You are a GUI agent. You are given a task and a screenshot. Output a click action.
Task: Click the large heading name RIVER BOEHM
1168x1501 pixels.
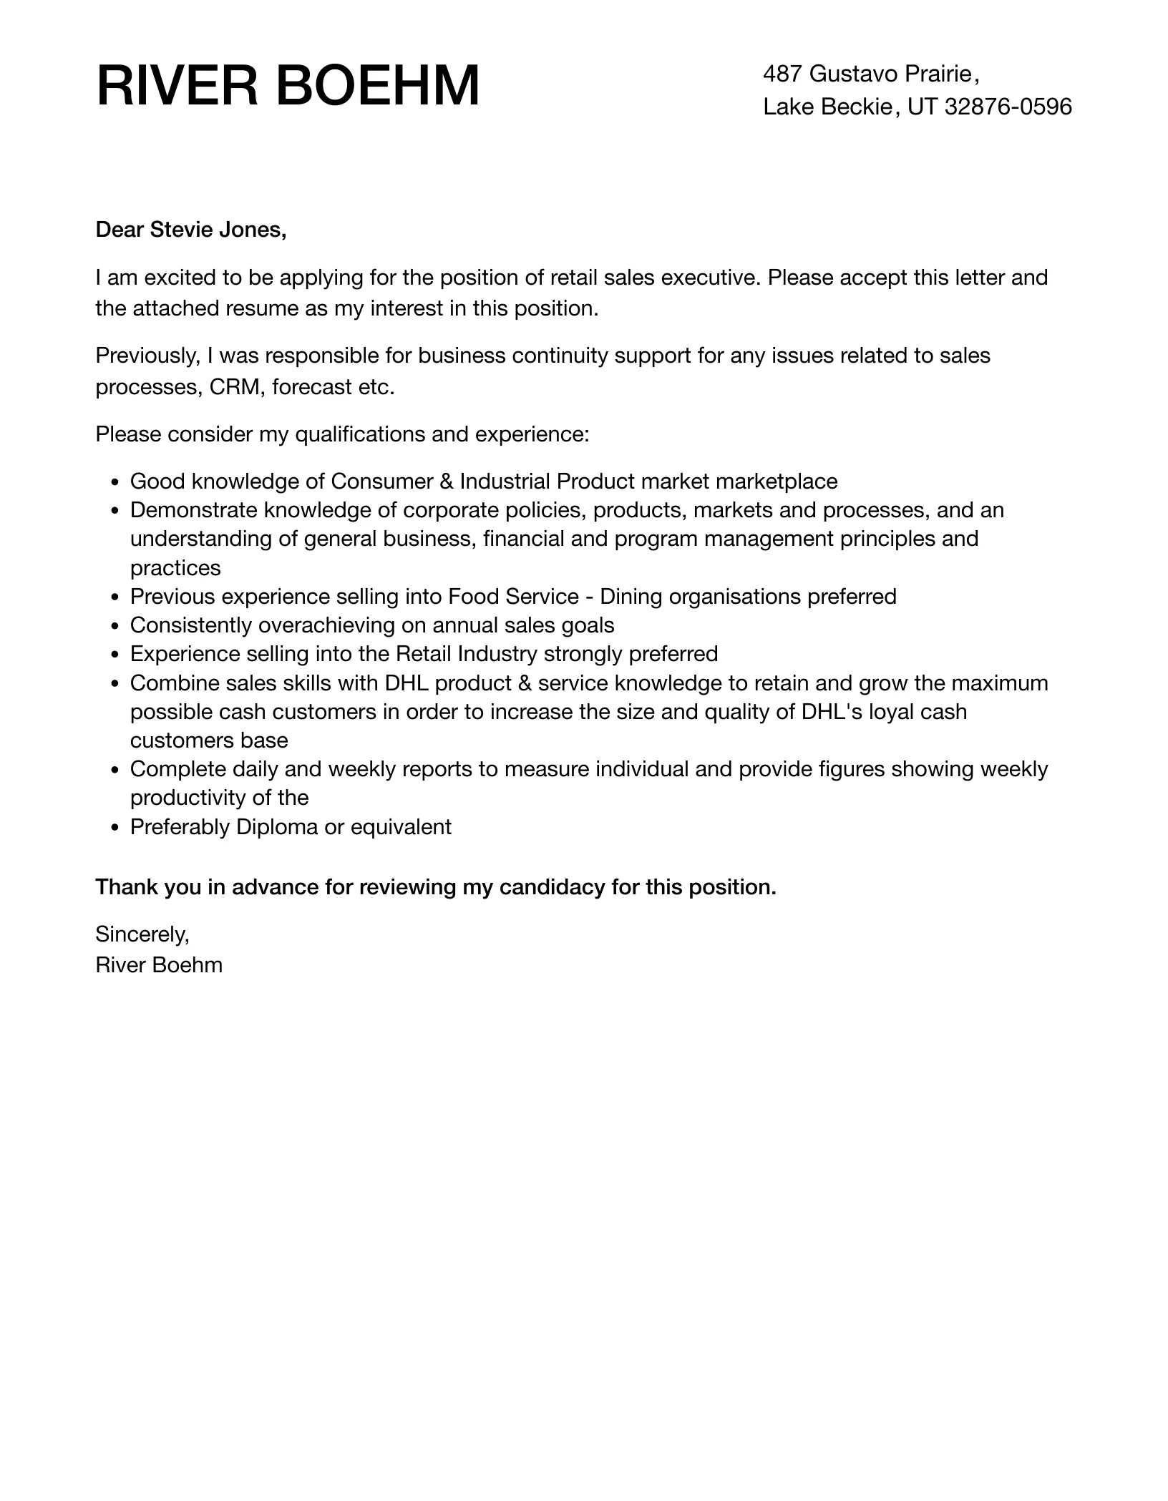(288, 87)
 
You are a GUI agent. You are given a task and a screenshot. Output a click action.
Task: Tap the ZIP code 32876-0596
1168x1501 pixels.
(1008, 107)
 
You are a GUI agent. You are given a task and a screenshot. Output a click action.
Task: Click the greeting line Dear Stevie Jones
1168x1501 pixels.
(191, 230)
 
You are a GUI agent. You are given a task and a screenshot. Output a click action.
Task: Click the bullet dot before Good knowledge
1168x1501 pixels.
(115, 482)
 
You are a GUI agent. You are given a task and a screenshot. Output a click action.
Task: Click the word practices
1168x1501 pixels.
(175, 568)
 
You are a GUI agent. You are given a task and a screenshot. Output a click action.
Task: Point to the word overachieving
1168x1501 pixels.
(326, 625)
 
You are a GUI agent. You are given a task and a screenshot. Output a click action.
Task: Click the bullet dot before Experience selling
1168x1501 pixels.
(115, 655)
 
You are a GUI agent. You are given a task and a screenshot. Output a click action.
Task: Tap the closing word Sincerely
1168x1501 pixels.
(142, 934)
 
